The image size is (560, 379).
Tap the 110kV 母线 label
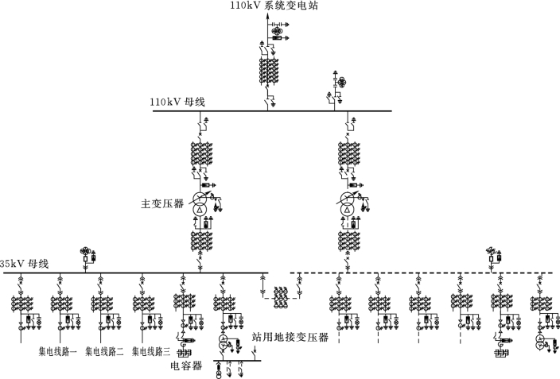[x=177, y=102]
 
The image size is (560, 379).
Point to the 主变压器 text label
[x=162, y=204]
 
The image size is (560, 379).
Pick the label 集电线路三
[x=151, y=350]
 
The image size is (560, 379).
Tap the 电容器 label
[x=186, y=366]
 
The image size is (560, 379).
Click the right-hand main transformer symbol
[x=347, y=201]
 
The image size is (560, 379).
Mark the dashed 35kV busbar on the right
[x=422, y=273]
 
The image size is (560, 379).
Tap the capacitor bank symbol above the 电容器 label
[x=185, y=350]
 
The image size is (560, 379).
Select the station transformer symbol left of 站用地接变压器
[x=224, y=341]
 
